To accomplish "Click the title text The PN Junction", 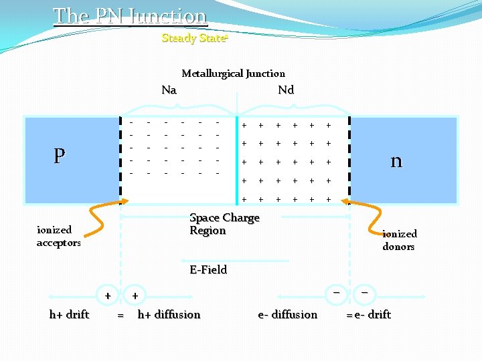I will coord(130,15).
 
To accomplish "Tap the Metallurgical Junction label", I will coord(233,74).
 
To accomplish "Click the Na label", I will coord(169,90).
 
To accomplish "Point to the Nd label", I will coord(286,90).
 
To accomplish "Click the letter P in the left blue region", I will coord(60,156).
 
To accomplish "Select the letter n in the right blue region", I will coord(396,160).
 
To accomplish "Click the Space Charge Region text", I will coord(224,224).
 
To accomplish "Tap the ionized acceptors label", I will coord(58,236).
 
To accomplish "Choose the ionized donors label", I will coord(399,240).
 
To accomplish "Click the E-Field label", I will coord(208,269).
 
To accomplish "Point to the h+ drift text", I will coord(69,314).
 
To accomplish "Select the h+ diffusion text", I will coord(169,314).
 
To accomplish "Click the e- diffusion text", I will coord(288,314).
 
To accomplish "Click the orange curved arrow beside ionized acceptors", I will coord(100,218).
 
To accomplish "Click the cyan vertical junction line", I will coord(236,160).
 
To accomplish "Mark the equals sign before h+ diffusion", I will coord(120,316).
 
